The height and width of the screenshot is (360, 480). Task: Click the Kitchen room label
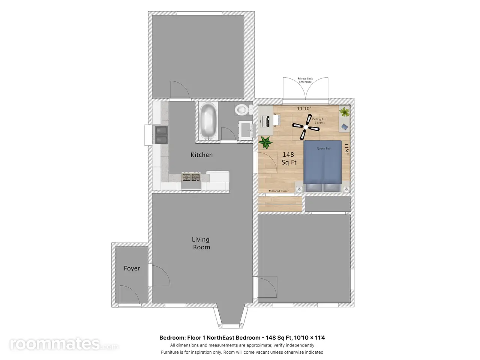201,155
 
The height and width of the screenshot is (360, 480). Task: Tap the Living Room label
201,243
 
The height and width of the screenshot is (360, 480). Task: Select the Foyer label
132,268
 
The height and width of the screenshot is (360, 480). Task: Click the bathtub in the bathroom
208,121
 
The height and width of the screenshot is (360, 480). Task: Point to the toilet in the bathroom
243,109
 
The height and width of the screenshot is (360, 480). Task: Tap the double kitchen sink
161,135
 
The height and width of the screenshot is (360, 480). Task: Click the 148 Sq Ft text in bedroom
289,159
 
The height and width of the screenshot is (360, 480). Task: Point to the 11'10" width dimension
304,108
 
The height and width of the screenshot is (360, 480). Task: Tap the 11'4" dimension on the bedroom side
346,149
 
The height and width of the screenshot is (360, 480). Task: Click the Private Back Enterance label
305,80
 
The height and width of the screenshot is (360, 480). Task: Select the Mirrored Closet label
279,191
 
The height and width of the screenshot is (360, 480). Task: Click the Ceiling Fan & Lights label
319,121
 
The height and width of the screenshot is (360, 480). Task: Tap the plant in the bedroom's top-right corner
345,112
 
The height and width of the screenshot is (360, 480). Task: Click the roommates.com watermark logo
64,344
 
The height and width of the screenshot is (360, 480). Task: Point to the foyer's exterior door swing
129,294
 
